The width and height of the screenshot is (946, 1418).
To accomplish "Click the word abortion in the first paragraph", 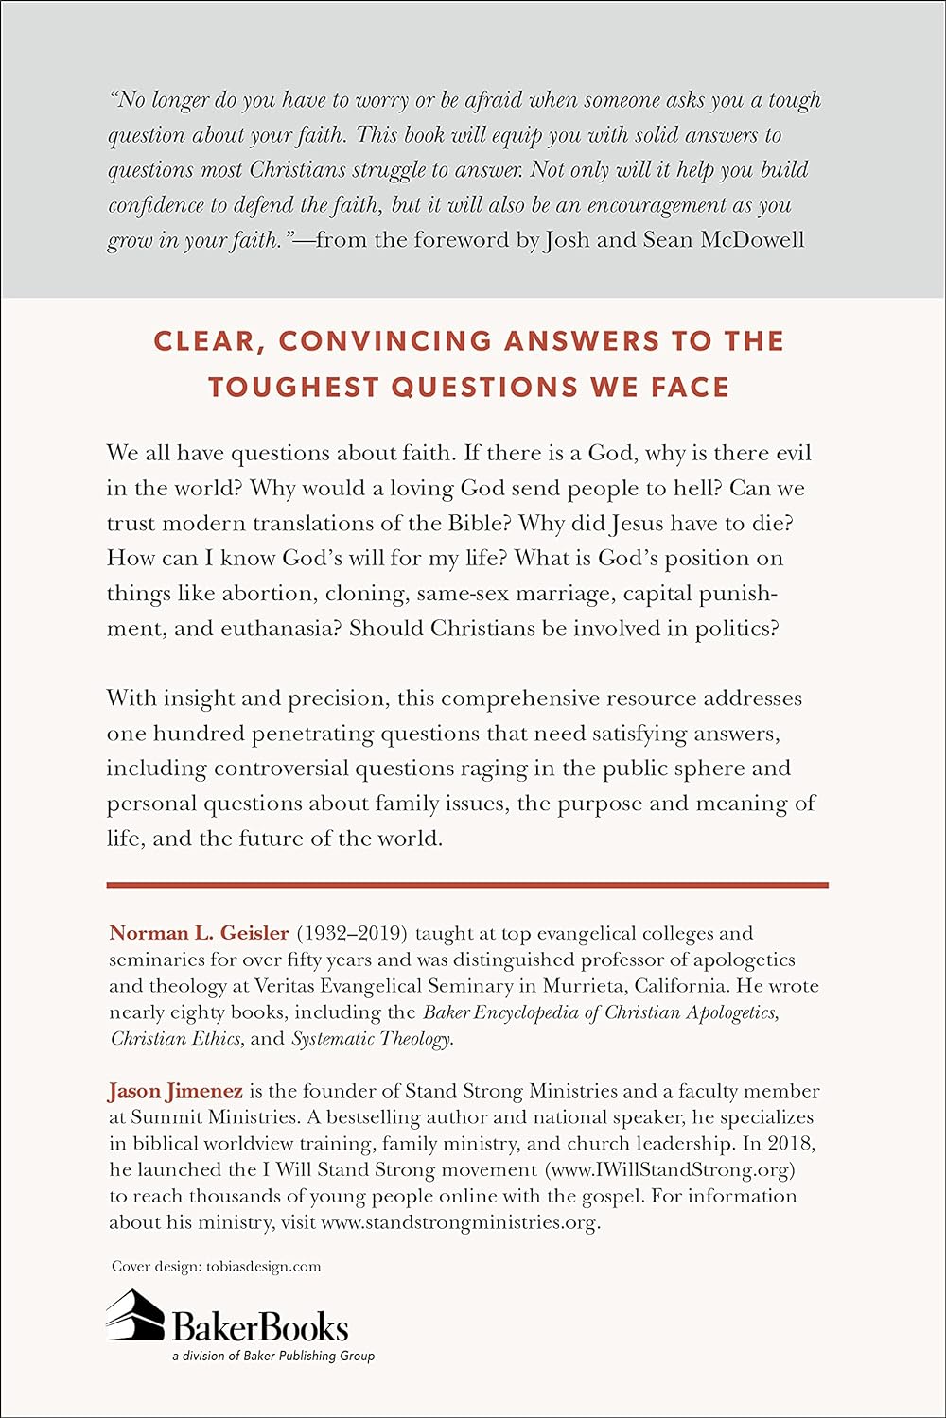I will click(x=268, y=593).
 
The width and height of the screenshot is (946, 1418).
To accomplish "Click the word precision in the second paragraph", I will click(x=338, y=698).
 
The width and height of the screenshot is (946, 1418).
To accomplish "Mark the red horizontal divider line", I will click(x=467, y=885).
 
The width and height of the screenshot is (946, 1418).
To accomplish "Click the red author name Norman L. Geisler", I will click(x=199, y=933).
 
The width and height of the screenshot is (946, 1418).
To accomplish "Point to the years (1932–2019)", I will click(x=352, y=933).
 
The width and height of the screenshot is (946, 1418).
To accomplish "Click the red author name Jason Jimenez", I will click(x=175, y=1091).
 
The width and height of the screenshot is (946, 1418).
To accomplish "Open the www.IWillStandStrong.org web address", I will click(x=669, y=1169).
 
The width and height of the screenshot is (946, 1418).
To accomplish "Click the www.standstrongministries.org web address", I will click(x=459, y=1221).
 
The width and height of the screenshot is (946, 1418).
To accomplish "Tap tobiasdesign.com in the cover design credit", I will click(x=263, y=1266).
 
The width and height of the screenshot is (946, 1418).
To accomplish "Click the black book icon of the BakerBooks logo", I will click(x=134, y=1315).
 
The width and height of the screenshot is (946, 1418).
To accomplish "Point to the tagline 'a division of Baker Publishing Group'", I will click(x=272, y=1356).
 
